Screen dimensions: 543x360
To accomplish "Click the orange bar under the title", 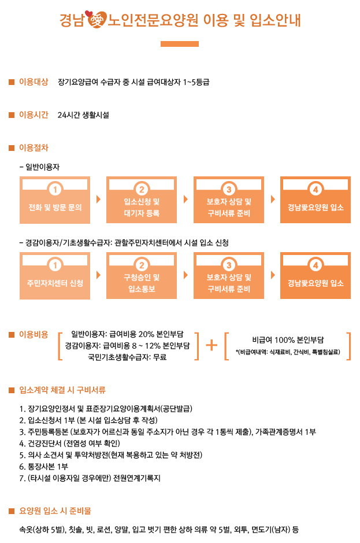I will point(179,43).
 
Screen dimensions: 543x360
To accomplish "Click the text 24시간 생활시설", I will point(83,114).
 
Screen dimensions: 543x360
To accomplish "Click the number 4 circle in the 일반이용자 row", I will point(315,190).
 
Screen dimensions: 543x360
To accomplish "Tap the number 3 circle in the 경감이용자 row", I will point(229,265).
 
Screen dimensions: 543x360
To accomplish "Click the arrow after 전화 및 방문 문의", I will point(98,200).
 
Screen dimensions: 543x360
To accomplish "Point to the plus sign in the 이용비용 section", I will point(212,345).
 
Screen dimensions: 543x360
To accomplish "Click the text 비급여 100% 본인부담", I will point(287,340).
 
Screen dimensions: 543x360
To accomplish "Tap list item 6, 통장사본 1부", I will point(44,466).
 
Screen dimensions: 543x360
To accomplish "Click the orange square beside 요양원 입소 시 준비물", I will point(12,511).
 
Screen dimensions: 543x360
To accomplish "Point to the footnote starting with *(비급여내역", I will point(287,352).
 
